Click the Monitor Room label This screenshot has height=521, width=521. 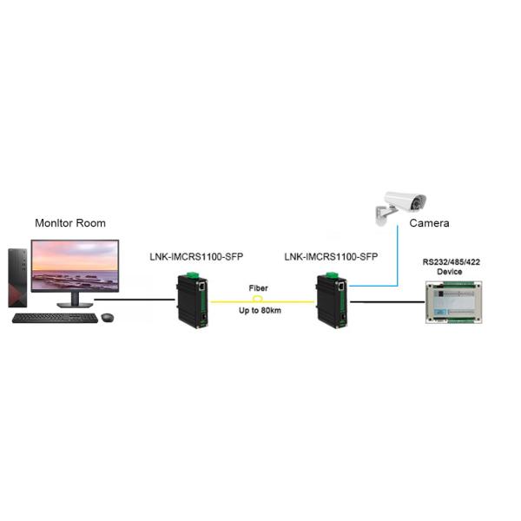pyautogui.click(x=69, y=223)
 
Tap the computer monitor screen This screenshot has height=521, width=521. pyautogui.click(x=74, y=266)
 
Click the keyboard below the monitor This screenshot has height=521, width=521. pyautogui.click(x=55, y=318)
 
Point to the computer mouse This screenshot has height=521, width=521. pyautogui.click(x=107, y=317)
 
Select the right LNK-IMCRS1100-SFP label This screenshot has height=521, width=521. pyautogui.click(x=331, y=257)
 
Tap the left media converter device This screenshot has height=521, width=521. pyautogui.click(x=191, y=300)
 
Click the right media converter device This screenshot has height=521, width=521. pyautogui.click(x=332, y=300)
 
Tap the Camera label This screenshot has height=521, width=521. pyautogui.click(x=429, y=223)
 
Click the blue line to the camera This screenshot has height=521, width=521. pyautogui.click(x=397, y=260)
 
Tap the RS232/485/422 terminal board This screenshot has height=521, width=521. pyautogui.click(x=452, y=300)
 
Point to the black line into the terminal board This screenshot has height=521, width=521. pyautogui.click(x=386, y=302)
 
